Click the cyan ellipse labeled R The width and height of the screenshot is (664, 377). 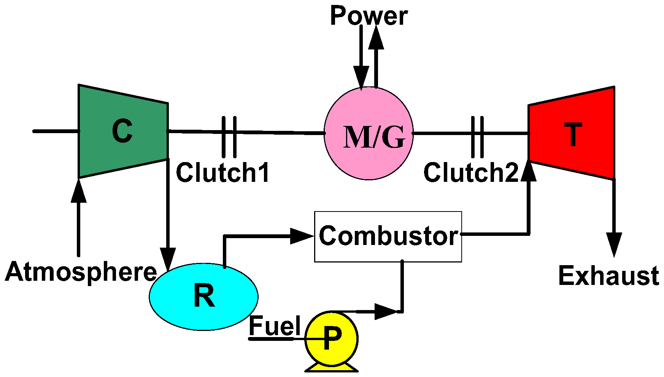pyautogui.click(x=203, y=296)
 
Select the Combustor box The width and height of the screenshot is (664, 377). pyautogui.click(x=388, y=236)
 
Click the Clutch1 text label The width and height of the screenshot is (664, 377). pyautogui.click(x=223, y=172)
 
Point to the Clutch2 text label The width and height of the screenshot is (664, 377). pyautogui.click(x=471, y=172)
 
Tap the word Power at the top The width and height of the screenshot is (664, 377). pyautogui.click(x=369, y=16)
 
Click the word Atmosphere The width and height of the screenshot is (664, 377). pyautogui.click(x=81, y=272)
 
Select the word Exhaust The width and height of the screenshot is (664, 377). pyautogui.click(x=608, y=276)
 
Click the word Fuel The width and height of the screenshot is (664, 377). pyautogui.click(x=275, y=326)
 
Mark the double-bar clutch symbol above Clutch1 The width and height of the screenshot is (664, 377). pyautogui.click(x=229, y=137)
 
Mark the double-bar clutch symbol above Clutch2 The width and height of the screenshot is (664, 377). pyautogui.click(x=477, y=137)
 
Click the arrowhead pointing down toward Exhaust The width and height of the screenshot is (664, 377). pyautogui.click(x=614, y=243)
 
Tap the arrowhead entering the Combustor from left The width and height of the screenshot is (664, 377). pyautogui.click(x=301, y=236)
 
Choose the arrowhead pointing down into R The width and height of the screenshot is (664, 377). pyautogui.click(x=168, y=259)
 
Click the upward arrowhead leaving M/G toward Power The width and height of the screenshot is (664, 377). pyautogui.click(x=376, y=38)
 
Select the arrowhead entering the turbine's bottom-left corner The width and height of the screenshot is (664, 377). pyautogui.click(x=529, y=171)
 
